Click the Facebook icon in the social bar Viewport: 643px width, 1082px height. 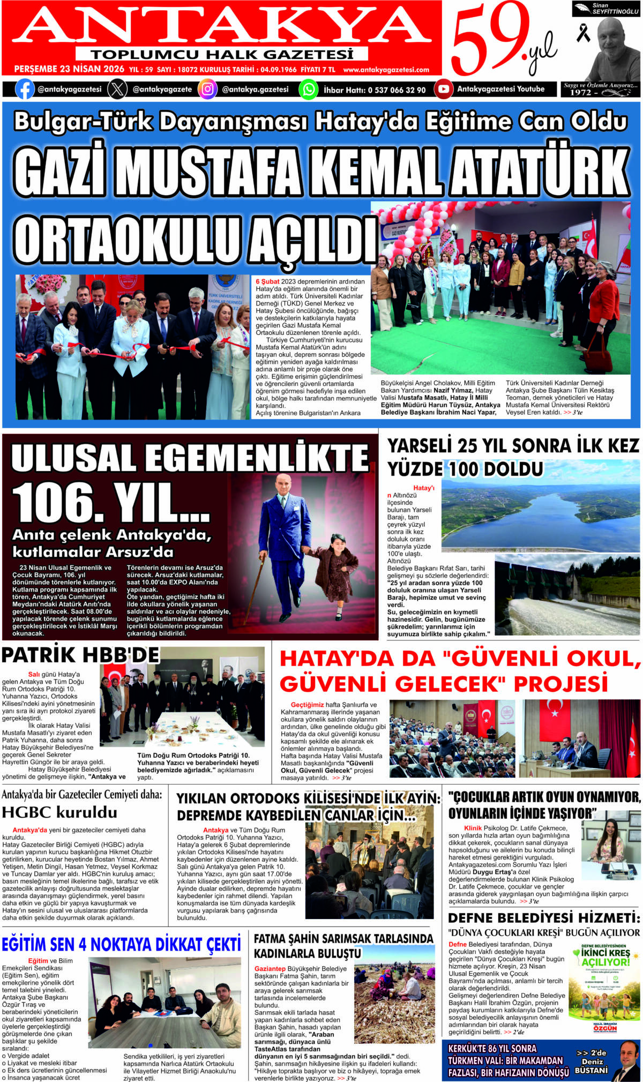tap(25, 89)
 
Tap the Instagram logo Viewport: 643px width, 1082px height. tap(207, 89)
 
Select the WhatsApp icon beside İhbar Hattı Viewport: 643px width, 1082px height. tap(308, 89)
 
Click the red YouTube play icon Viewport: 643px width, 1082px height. tap(443, 89)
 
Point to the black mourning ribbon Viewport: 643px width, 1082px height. tap(583, 33)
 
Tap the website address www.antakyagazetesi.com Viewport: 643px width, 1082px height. tap(386, 70)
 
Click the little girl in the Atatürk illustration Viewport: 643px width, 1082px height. tap(336, 578)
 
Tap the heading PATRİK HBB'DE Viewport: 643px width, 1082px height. tap(80, 655)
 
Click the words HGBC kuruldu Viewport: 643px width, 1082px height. tap(59, 812)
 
